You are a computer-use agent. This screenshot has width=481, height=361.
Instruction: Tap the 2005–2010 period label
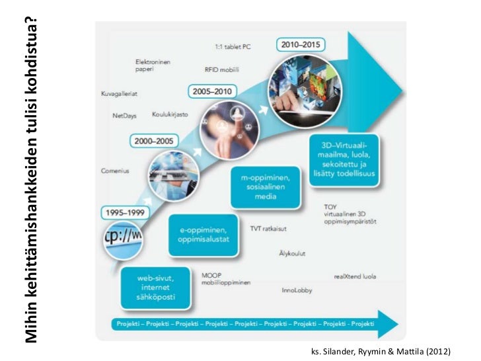[x=213, y=90]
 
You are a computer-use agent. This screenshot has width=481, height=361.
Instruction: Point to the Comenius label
[x=114, y=170]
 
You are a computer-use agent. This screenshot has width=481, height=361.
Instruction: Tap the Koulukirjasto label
[x=170, y=114]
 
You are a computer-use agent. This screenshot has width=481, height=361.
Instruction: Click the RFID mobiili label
[x=221, y=68]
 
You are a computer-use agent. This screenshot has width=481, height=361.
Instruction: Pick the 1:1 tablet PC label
[x=231, y=47]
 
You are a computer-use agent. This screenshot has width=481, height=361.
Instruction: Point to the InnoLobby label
[x=297, y=289]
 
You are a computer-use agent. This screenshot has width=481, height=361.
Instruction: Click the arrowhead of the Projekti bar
[x=390, y=324]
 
